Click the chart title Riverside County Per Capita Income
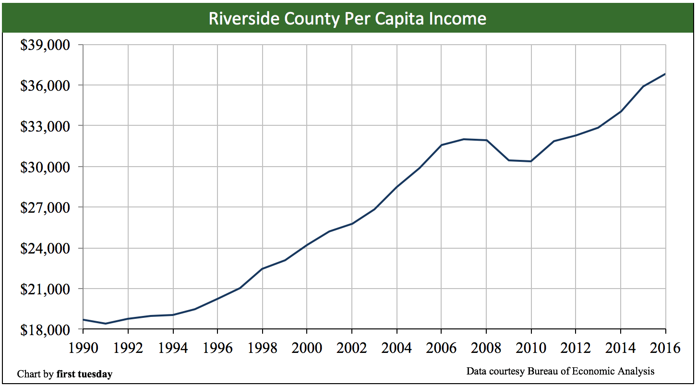[348, 18]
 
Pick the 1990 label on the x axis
[83, 348]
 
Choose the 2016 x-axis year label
[665, 348]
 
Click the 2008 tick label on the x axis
[486, 348]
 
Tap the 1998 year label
[262, 348]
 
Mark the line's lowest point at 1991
[106, 324]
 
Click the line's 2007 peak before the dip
[464, 139]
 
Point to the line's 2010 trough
[531, 161]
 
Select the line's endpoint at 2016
[665, 74]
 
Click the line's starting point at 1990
[84, 320]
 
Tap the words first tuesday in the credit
[84, 374]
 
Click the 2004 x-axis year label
[397, 348]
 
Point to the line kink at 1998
[262, 269]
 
